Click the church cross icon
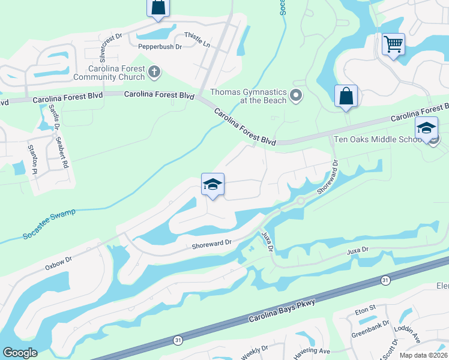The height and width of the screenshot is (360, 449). tap(154, 73)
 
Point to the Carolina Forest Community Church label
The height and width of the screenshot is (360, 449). tap(109, 73)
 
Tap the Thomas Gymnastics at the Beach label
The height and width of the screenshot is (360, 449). tap(247, 96)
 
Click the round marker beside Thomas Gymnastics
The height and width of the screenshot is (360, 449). tap(295, 95)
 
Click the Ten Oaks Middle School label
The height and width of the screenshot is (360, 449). tap(377, 139)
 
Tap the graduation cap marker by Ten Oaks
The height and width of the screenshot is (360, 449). tap(426, 128)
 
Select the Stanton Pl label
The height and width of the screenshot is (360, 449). tap(34, 158)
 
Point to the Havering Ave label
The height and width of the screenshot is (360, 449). tap(312, 351)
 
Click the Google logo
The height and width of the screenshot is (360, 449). tap(20, 353)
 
